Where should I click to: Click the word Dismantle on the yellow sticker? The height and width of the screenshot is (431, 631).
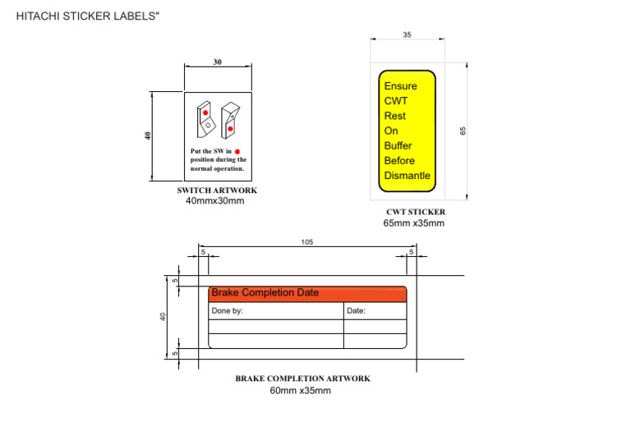[407, 176]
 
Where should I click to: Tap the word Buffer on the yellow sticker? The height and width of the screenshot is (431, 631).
[398, 146]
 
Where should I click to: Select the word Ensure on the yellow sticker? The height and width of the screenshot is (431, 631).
[400, 86]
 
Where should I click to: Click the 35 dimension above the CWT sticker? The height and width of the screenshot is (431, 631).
[407, 34]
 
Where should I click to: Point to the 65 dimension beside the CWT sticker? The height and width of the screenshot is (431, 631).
[463, 131]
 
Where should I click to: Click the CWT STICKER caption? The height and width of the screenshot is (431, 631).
[416, 212]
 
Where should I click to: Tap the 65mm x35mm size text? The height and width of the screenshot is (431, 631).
[414, 223]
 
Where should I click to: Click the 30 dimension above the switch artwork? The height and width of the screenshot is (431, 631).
[218, 62]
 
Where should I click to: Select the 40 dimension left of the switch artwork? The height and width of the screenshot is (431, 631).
[148, 135]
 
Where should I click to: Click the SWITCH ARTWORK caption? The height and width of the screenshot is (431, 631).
[217, 190]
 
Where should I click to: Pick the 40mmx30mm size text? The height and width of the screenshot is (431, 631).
[215, 201]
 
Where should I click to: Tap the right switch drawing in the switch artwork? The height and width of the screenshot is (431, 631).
[231, 119]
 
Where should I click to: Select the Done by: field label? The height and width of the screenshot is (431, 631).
[228, 311]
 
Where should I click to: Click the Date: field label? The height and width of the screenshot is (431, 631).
[356, 311]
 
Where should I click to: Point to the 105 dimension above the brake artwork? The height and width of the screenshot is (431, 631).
[307, 242]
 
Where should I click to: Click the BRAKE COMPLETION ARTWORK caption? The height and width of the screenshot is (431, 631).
[302, 378]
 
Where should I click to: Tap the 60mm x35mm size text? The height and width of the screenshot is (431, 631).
[301, 391]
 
